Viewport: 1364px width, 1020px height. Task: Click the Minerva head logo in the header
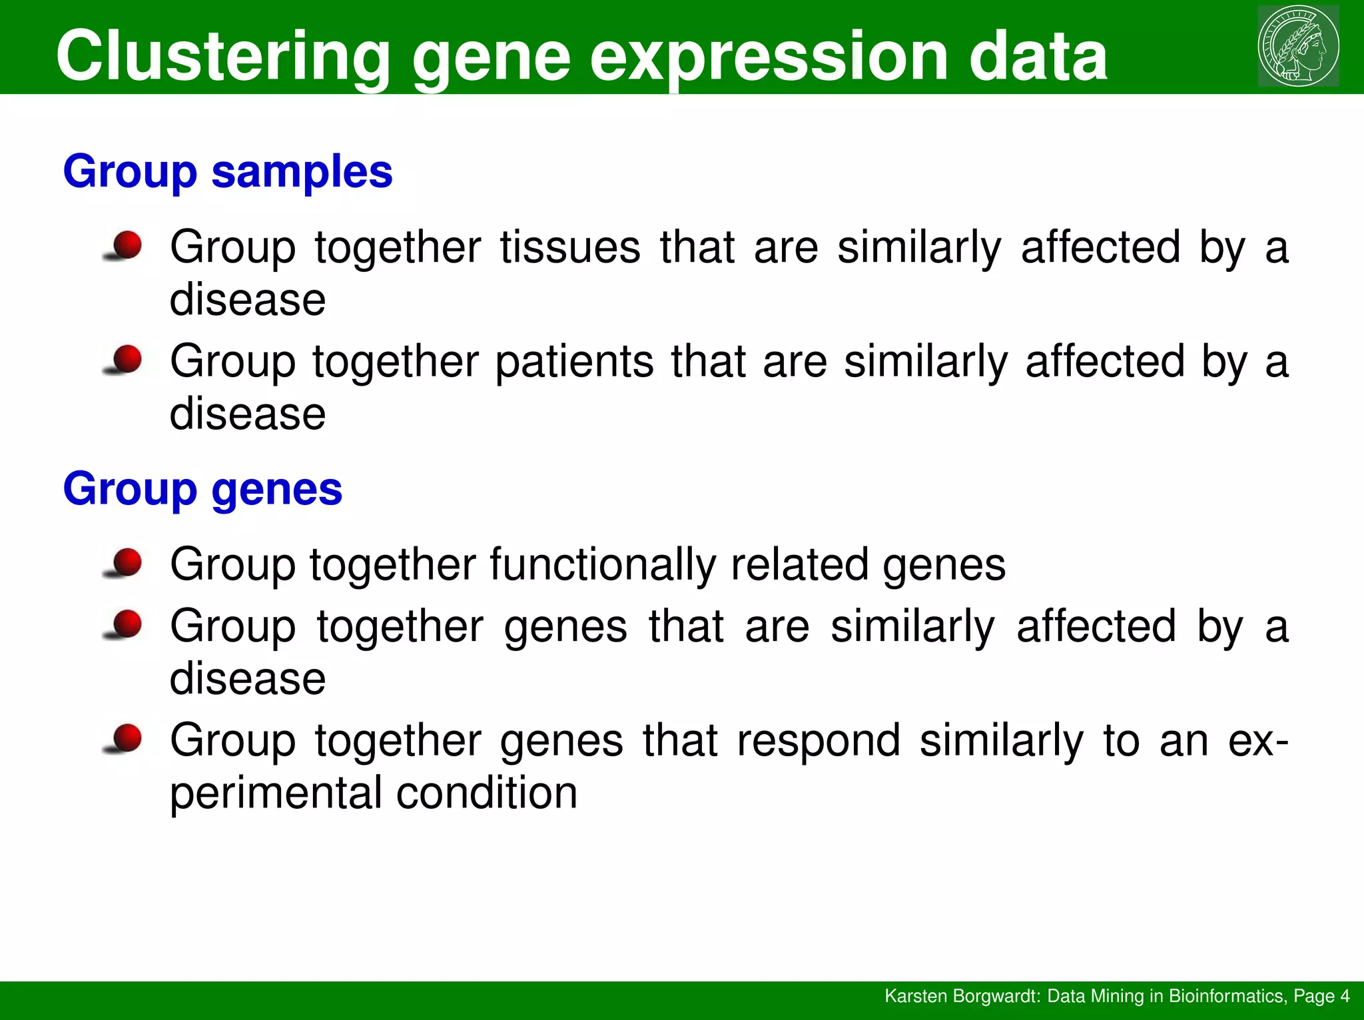[1298, 46]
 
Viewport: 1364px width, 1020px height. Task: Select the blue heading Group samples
[228, 173]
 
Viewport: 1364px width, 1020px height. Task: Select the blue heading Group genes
[202, 490]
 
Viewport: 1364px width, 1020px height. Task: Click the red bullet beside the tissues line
[126, 246]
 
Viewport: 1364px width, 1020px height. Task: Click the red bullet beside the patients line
[126, 360]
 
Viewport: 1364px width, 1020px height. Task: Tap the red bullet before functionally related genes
[126, 563]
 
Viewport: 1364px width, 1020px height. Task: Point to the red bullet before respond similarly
[126, 739]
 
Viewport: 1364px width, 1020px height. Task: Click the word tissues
[570, 248]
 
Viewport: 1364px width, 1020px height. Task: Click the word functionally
[602, 564]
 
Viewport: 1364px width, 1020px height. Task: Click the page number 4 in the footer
[1345, 996]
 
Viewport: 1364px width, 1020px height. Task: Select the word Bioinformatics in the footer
[1226, 996]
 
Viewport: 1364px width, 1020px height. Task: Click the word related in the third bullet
[799, 564]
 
